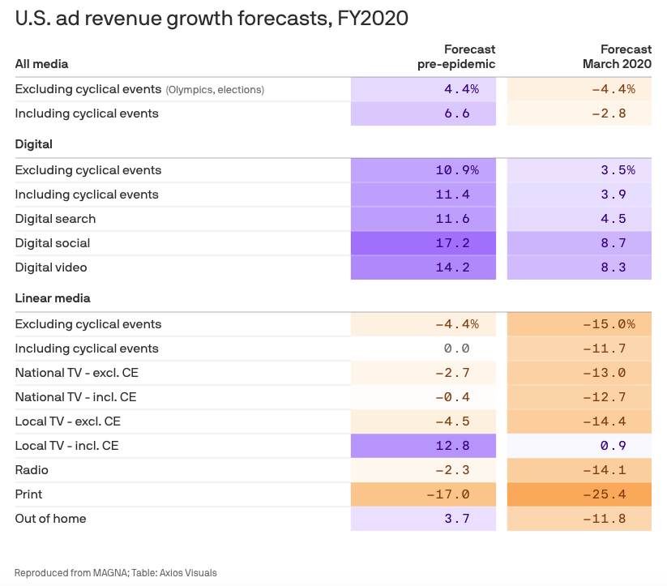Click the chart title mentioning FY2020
212,19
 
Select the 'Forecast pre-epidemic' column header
456,57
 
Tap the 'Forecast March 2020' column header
617,57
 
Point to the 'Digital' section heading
33,144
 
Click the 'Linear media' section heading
53,298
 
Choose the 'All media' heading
41,64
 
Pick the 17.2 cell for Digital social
423,243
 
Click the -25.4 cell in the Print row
579,494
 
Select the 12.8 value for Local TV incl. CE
423,446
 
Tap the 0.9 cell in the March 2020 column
579,446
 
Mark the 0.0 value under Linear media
423,349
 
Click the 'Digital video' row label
51,267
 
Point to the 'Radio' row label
32,470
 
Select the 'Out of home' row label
50,519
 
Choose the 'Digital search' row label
55,219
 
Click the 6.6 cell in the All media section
423,113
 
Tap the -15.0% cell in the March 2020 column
579,324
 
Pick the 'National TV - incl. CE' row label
75,397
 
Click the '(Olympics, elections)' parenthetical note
215,90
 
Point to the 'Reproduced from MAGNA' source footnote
115,573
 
